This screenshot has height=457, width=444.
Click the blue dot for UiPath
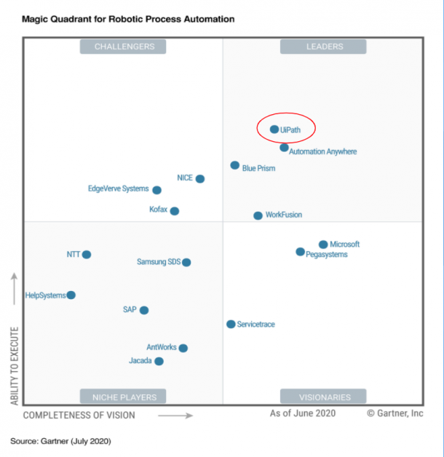pos(274,130)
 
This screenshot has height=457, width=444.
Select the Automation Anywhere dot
pos(284,148)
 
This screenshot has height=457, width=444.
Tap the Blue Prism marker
pos(234,165)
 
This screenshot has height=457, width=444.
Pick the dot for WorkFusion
pos(258,215)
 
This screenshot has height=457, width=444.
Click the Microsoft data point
pos(323,245)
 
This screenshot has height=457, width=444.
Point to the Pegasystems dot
pos(300,252)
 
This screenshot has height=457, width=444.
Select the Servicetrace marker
pos(231,324)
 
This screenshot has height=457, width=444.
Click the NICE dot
pos(200,178)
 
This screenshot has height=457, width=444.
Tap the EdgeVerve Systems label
pos(118,189)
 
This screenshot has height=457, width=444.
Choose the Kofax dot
pos(175,211)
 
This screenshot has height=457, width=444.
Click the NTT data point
pos(87,255)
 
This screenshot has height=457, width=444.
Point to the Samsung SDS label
pos(159,262)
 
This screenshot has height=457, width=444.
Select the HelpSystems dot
pos(71,295)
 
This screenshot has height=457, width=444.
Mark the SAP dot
pos(144,310)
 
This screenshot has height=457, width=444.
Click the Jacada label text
pos(140,361)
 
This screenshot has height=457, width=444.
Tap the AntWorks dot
pos(183,348)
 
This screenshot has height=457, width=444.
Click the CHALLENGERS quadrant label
pos(124,47)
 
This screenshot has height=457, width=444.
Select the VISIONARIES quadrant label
pos(325,397)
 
